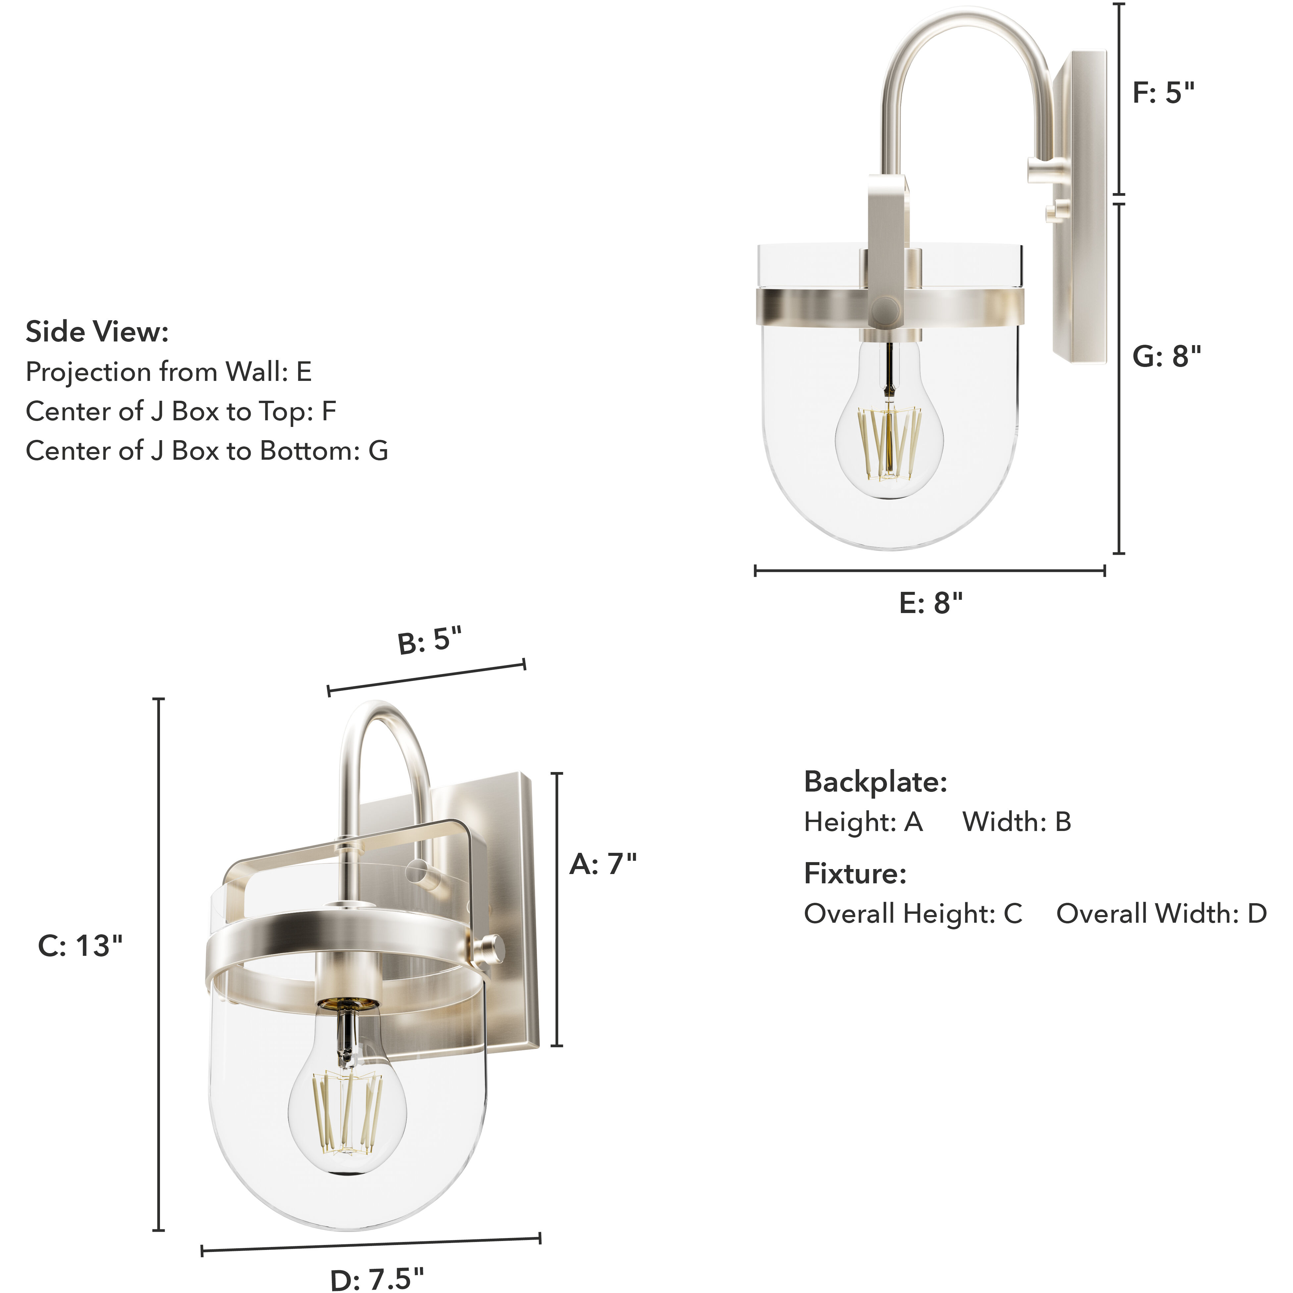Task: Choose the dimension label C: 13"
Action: (80, 946)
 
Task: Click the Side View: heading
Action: (97, 332)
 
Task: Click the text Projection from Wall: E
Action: (169, 371)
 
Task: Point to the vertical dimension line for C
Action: (159, 964)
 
